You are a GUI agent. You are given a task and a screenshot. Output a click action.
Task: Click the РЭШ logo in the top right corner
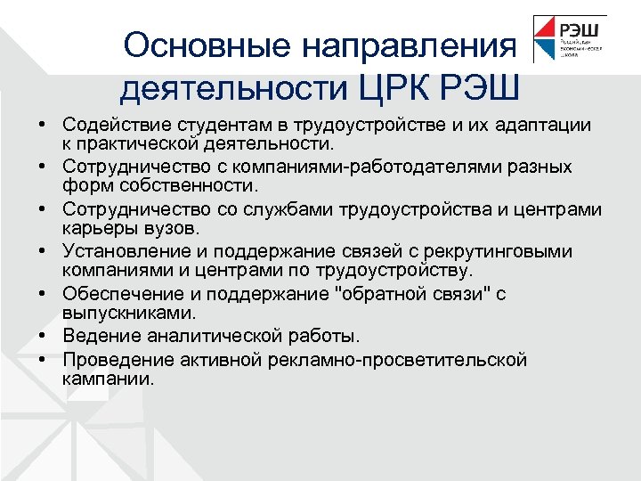[x=569, y=39]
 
